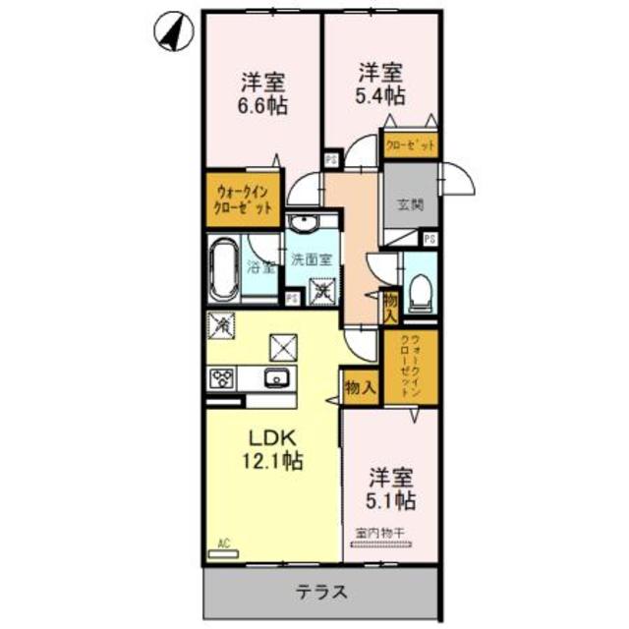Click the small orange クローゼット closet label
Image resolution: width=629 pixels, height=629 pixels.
click(x=410, y=145)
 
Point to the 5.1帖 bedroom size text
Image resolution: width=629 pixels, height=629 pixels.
click(x=391, y=500)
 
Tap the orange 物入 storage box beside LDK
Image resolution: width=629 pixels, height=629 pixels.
click(x=360, y=386)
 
